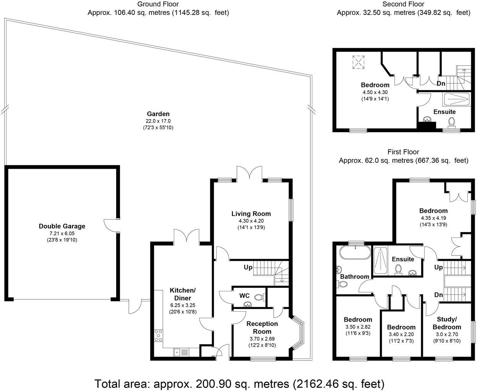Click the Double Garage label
62,226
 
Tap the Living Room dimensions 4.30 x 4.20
251,221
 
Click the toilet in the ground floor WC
260,297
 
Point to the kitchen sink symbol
181,352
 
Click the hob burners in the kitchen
158,335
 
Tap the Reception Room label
262,327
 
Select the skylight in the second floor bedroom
359,62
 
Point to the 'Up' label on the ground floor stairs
248,267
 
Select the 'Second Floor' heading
403,4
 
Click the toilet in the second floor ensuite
451,123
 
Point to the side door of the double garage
109,225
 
